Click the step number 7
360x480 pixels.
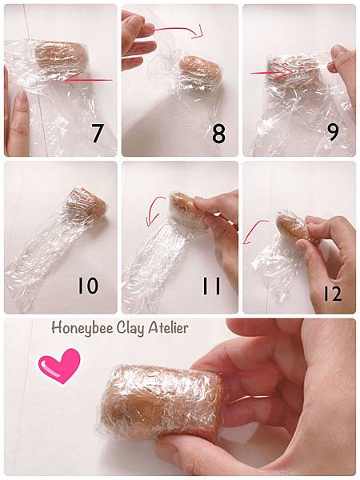pos(97,133)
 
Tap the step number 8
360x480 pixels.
pos(218,133)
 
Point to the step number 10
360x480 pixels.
pos(88,286)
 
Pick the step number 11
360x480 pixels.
pos(211,286)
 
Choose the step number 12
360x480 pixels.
pos(333,293)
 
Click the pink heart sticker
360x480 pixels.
pos(60,366)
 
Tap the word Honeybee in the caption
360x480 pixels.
pos(82,329)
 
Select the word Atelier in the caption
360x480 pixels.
pos(168,328)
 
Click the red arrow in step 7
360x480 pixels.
pos(90,81)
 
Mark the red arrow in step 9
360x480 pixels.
pos(271,73)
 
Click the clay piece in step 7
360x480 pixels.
pos(62,55)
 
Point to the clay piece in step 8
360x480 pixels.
pos(200,71)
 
